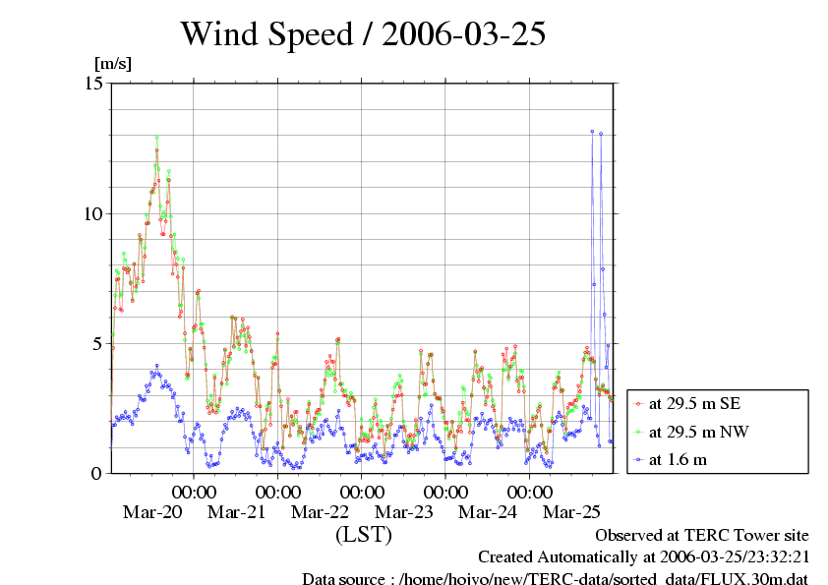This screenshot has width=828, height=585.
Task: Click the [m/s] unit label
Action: click(112, 64)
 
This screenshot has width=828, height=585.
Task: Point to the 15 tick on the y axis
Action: click(94, 83)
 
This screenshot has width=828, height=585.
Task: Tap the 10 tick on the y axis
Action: click(94, 213)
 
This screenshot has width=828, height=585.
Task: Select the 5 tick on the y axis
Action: click(98, 343)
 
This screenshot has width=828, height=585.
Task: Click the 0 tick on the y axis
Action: click(98, 473)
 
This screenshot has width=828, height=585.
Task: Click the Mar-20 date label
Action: click(152, 512)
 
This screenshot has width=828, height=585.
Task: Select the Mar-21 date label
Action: click(237, 512)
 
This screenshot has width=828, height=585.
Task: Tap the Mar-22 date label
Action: click(321, 512)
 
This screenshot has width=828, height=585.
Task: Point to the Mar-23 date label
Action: click(404, 512)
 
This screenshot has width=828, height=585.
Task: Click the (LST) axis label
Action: click(363, 536)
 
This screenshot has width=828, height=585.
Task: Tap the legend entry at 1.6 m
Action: click(678, 459)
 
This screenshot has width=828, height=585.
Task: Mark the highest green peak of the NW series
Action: click(156, 137)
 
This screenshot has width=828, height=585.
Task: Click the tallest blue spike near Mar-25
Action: click(592, 131)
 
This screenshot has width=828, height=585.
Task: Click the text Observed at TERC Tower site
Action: click(702, 536)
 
